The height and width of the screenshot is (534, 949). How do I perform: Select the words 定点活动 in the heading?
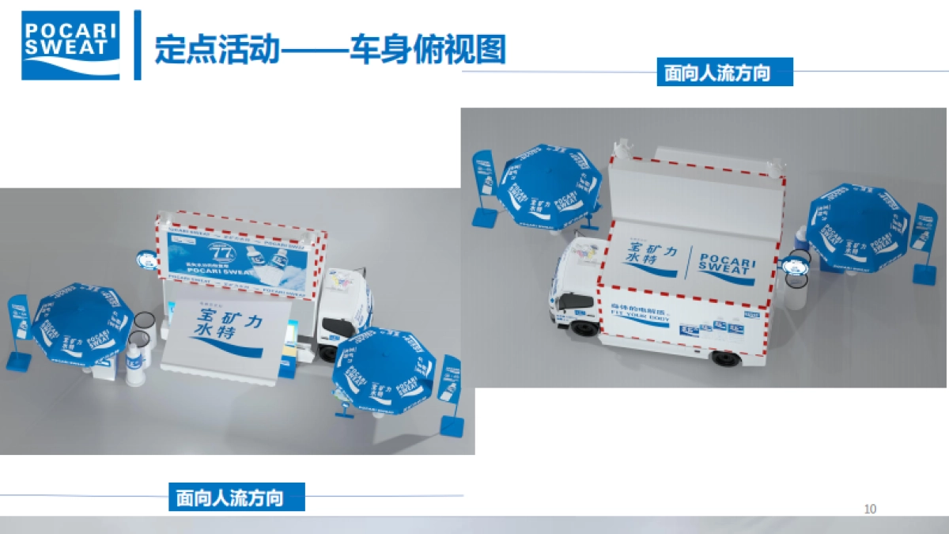coord(217,49)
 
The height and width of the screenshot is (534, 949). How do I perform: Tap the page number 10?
coord(871,509)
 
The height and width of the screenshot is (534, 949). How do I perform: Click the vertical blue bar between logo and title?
coord(138,45)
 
